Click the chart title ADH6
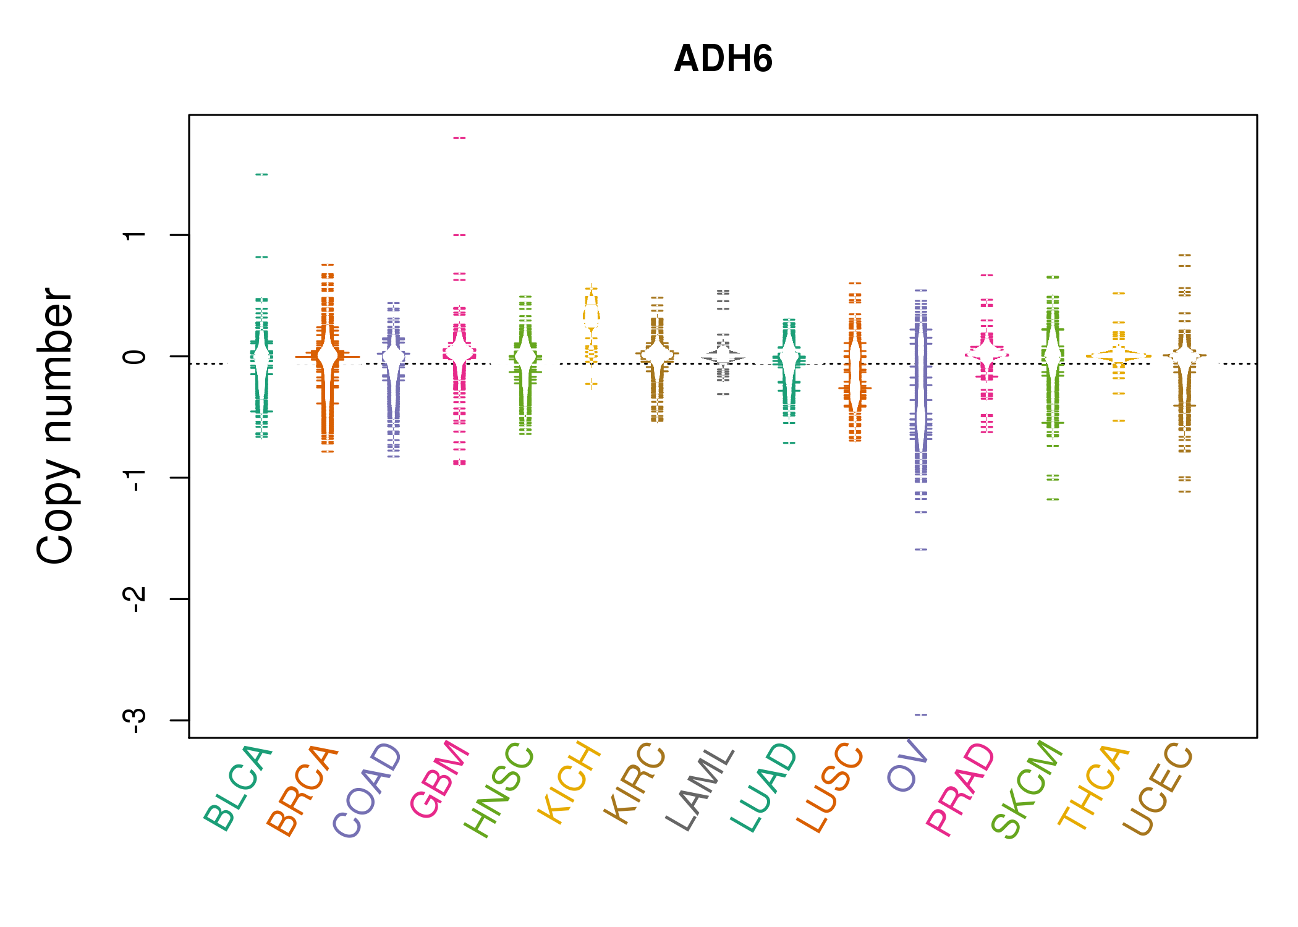click(x=723, y=59)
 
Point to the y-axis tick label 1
click(x=135, y=235)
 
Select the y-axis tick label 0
click(x=135, y=357)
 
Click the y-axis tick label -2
click(x=135, y=599)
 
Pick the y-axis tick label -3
click(x=135, y=720)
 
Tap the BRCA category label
click(x=303, y=790)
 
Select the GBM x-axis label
click(x=440, y=780)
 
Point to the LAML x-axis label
click(x=700, y=789)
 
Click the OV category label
click(x=907, y=766)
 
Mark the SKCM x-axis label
click(x=1027, y=789)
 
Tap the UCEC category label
click(x=1158, y=790)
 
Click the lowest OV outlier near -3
click(x=921, y=714)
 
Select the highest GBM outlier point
click(x=459, y=138)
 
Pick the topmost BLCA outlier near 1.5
click(x=261, y=174)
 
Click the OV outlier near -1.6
click(x=921, y=549)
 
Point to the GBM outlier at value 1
click(x=459, y=235)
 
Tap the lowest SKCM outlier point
click(x=1053, y=499)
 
